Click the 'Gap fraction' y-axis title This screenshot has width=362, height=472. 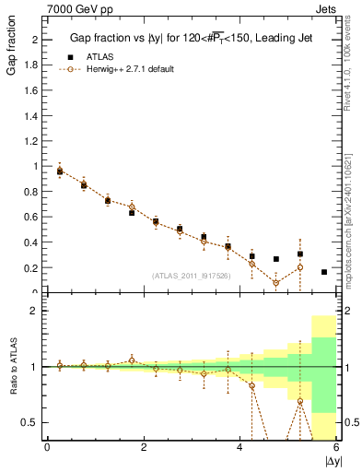click(11, 51)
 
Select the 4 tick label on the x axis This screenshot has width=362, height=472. click(239, 447)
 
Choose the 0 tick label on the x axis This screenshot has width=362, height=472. click(47, 447)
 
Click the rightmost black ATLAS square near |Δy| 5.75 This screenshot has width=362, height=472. click(324, 272)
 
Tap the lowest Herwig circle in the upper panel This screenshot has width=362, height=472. click(275, 282)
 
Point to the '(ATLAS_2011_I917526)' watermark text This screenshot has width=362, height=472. click(191, 275)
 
